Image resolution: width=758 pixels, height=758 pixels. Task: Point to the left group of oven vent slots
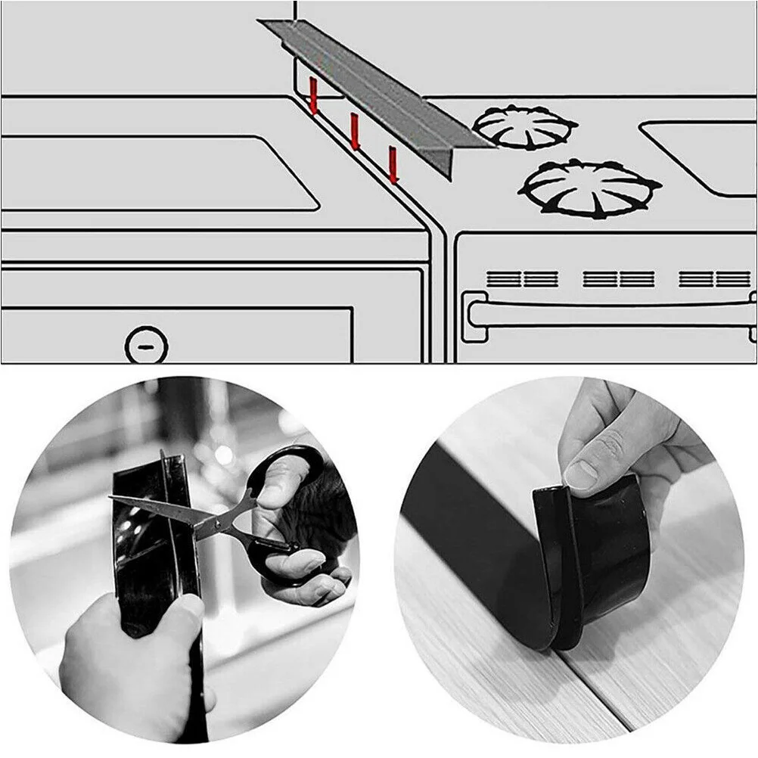coord(522,279)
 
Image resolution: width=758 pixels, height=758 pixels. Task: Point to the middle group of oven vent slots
coord(618,279)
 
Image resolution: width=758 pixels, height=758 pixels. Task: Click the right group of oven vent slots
coord(714,279)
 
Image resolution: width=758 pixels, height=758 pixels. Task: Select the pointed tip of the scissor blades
coord(113,498)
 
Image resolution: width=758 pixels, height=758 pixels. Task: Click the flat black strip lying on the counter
coord(469,530)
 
